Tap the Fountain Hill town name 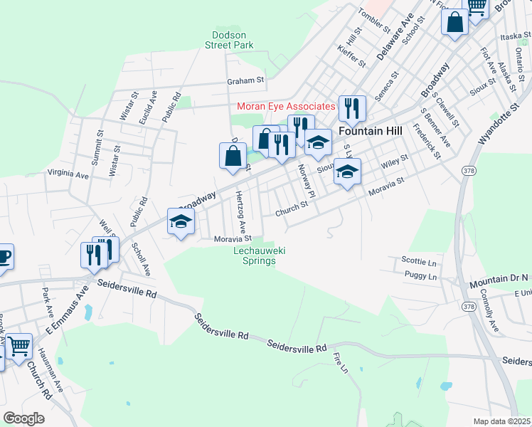(370, 132)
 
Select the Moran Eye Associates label (285, 106)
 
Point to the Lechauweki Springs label (255, 255)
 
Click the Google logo (23, 418)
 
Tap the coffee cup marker (4, 257)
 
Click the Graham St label (245, 80)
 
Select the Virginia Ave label (68, 173)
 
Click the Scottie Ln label (418, 260)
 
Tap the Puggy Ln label (420, 275)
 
